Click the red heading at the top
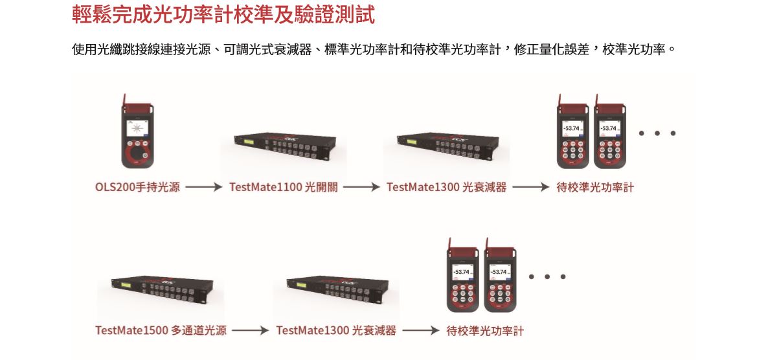(223, 15)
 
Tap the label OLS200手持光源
(137, 188)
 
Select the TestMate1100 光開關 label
(283, 188)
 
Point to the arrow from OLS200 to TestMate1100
(204, 188)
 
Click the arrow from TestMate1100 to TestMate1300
(361, 188)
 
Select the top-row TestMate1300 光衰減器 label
(446, 188)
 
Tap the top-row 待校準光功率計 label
(595, 188)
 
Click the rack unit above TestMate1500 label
(155, 289)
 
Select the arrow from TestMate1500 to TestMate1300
(250, 331)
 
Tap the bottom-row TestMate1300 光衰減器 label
(335, 331)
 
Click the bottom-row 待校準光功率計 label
(485, 331)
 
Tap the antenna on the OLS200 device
(124, 100)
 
